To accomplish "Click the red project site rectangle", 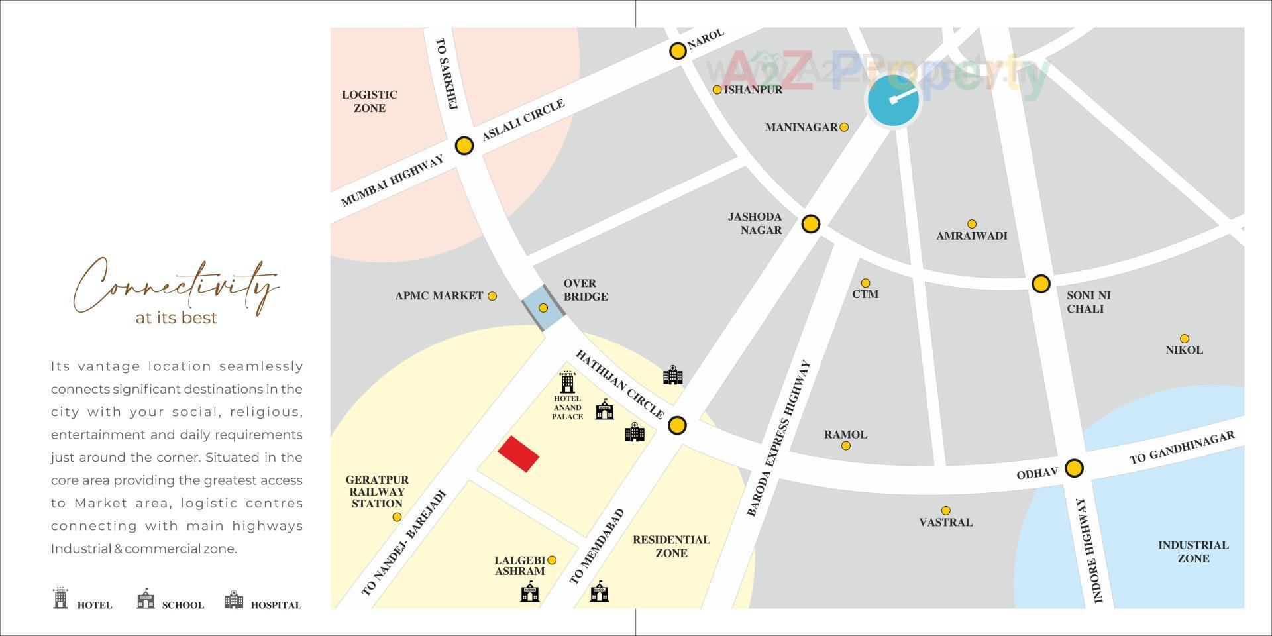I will pyautogui.click(x=518, y=454).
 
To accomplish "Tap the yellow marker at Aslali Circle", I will pyautogui.click(x=464, y=146).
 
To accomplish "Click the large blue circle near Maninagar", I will pyautogui.click(x=893, y=101).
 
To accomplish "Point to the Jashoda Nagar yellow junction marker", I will pyautogui.click(x=810, y=224).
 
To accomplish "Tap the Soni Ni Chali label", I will pyautogui.click(x=1088, y=302).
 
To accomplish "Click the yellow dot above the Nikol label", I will pyautogui.click(x=1184, y=339).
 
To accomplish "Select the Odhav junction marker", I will pyautogui.click(x=1074, y=468).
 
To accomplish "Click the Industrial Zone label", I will pyautogui.click(x=1192, y=551).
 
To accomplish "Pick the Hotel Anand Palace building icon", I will pyautogui.click(x=566, y=382).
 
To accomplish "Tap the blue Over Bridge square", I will pyautogui.click(x=543, y=308).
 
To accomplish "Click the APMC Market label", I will pyautogui.click(x=439, y=296).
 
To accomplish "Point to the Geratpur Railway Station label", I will pyautogui.click(x=377, y=492).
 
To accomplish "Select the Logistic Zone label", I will pyautogui.click(x=369, y=101).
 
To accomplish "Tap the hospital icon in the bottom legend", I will pyautogui.click(x=234, y=600).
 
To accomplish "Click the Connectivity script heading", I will pyautogui.click(x=176, y=287).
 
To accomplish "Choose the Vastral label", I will pyautogui.click(x=945, y=522).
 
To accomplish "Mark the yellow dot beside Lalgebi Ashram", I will pyautogui.click(x=552, y=560).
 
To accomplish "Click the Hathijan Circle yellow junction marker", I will pyautogui.click(x=676, y=425).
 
